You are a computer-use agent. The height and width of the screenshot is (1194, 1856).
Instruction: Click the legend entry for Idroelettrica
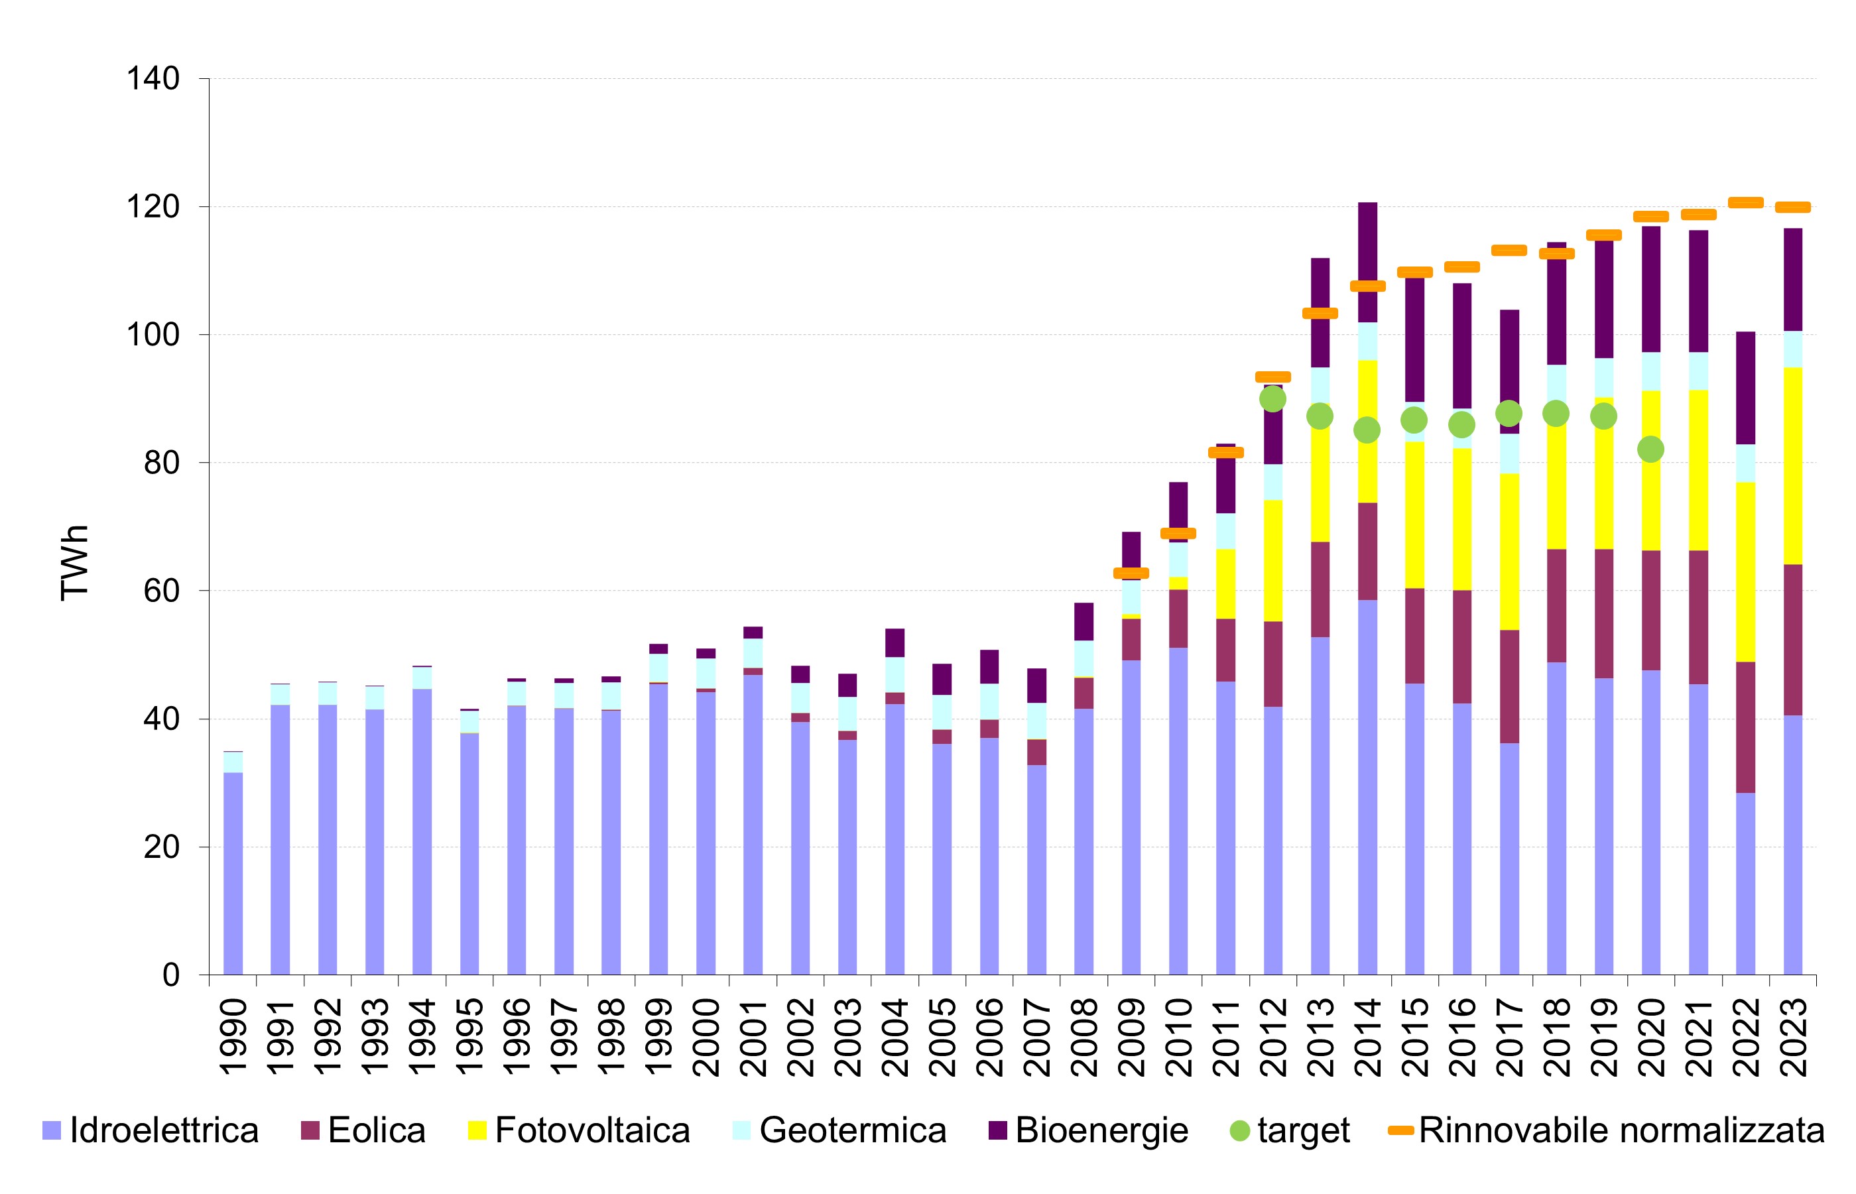163,1130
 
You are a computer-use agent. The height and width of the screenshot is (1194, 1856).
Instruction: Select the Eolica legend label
376,1130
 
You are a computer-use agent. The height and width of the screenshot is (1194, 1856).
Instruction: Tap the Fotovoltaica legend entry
591,1130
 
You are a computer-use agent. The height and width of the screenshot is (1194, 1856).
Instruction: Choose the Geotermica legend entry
852,1130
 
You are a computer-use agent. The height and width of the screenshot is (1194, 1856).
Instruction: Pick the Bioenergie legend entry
1101,1130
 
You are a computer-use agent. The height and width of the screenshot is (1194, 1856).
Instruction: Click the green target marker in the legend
1241,1131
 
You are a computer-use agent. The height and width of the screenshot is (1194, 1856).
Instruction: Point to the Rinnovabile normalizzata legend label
1621,1130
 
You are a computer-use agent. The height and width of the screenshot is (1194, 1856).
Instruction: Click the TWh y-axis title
74,562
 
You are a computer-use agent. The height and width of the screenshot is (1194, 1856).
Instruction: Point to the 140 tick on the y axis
153,78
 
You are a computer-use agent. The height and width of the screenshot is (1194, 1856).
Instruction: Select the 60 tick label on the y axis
161,591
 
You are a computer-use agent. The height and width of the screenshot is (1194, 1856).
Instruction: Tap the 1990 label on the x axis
233,1037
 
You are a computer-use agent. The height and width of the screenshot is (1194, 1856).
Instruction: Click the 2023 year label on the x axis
1794,1037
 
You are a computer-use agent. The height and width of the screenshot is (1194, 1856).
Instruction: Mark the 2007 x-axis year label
1037,1037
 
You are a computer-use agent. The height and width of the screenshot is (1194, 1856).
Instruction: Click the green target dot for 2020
1650,449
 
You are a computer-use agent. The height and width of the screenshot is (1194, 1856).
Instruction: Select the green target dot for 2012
1273,399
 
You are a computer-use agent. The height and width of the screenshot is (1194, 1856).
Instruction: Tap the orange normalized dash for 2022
1746,203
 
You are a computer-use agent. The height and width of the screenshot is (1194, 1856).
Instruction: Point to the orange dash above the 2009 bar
1131,573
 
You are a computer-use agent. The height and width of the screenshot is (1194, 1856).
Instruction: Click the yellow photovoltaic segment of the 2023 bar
1793,465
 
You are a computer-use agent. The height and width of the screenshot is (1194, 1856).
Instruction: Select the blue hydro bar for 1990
233,872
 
